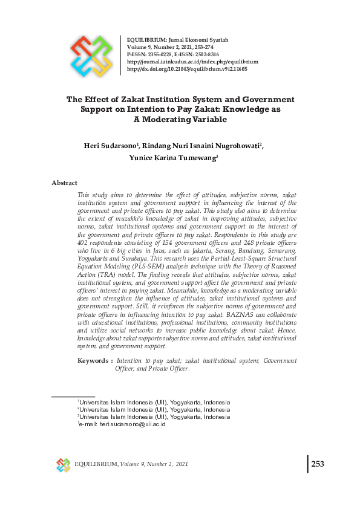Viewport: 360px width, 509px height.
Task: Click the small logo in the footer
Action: coord(64,464)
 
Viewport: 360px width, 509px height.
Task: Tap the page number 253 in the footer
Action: coord(318,464)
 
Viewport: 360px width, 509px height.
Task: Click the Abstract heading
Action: coord(64,183)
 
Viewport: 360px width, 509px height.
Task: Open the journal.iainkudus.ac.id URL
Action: coord(192,62)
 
